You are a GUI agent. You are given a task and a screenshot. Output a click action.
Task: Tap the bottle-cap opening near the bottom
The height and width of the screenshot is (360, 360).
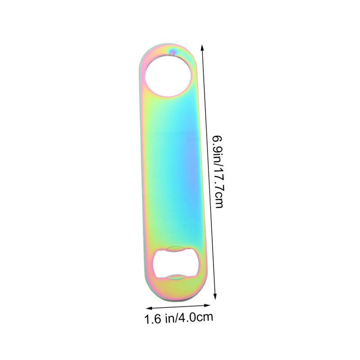coord(175,263)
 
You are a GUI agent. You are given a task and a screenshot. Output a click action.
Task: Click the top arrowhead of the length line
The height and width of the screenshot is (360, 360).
coord(202,48)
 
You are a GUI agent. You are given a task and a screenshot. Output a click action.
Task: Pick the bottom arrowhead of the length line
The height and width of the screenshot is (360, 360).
coord(215,296)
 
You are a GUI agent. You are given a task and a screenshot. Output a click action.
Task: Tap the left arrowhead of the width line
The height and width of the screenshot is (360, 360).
coord(149,308)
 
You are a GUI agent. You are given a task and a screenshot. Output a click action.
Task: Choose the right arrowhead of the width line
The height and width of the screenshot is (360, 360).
coord(207,305)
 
